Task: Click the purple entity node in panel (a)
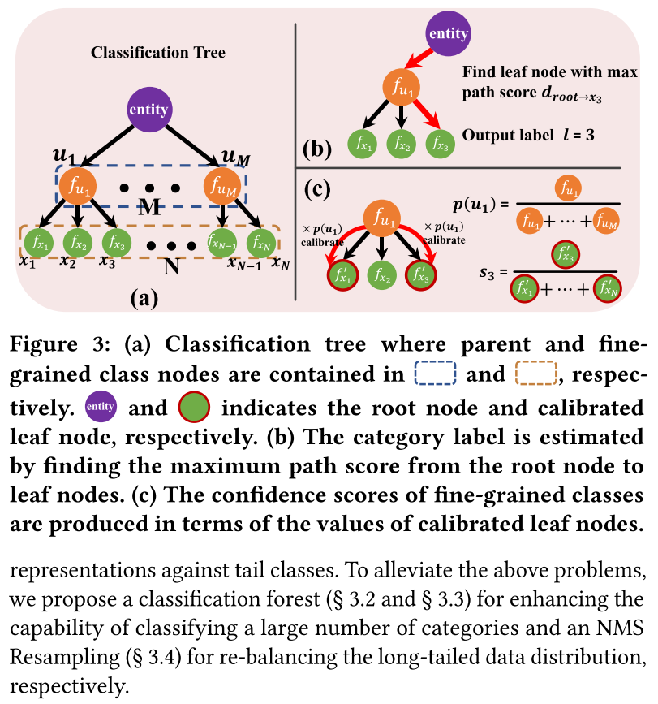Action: pyautogui.click(x=148, y=110)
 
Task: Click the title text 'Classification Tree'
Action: pyautogui.click(x=158, y=53)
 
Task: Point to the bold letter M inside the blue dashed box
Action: pyautogui.click(x=148, y=206)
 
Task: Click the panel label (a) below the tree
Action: pyautogui.click(x=144, y=298)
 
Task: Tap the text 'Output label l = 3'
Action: pyautogui.click(x=527, y=134)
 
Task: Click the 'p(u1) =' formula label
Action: pyautogui.click(x=480, y=204)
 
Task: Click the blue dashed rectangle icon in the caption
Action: pyautogui.click(x=437, y=374)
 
